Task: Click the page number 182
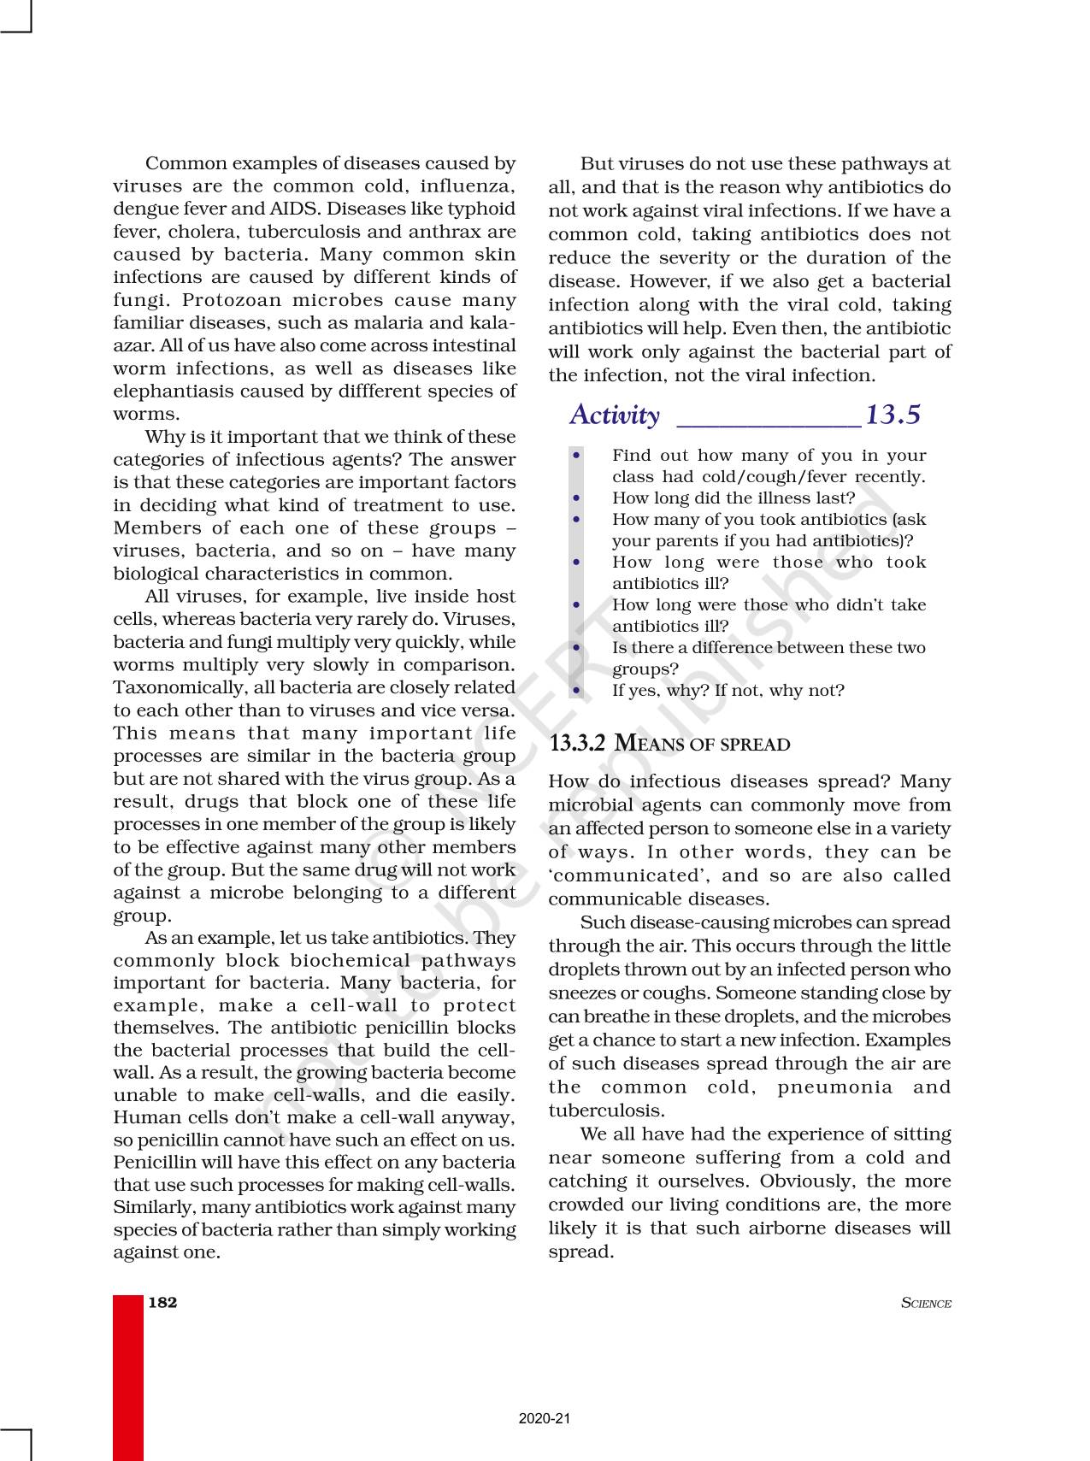(162, 1303)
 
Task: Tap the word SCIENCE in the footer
(926, 1304)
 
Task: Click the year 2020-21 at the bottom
(545, 1419)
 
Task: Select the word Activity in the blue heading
(615, 415)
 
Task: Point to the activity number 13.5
(893, 415)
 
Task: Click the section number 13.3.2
(577, 744)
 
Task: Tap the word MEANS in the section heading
(651, 744)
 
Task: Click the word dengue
(141, 209)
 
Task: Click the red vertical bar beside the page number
(127, 1376)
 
